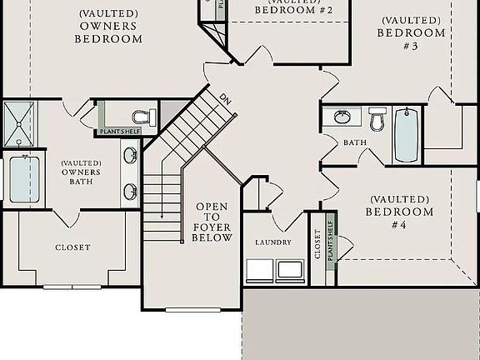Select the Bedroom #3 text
click(x=409, y=33)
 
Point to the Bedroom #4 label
click(x=399, y=212)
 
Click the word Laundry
click(x=273, y=242)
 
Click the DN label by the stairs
click(x=225, y=98)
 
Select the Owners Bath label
click(x=81, y=172)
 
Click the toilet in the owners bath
click(x=144, y=116)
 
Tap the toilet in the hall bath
click(x=377, y=120)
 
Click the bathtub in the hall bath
click(x=407, y=134)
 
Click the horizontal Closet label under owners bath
click(x=72, y=247)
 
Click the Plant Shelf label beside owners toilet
click(x=120, y=132)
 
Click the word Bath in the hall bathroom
click(x=355, y=143)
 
